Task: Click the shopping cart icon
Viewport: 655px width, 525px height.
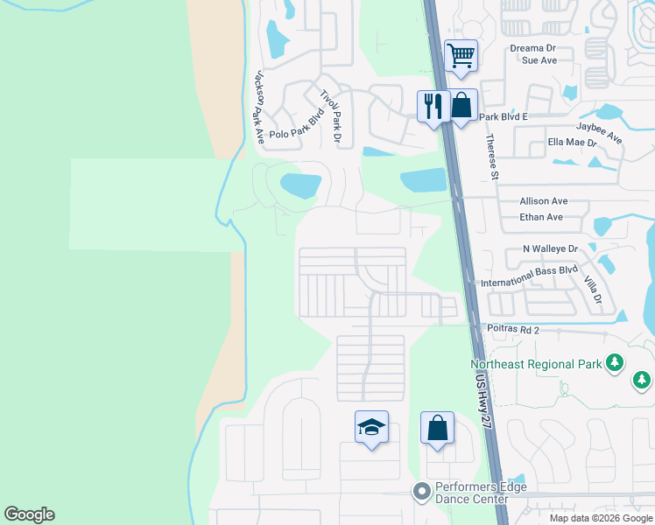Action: pos(461,56)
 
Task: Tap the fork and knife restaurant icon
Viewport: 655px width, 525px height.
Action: pos(433,107)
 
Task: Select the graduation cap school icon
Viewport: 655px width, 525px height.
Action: pos(371,428)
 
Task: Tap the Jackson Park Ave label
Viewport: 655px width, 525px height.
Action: pos(258,108)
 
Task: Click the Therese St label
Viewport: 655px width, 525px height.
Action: pos(493,157)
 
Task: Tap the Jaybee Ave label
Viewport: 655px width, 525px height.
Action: pos(599,132)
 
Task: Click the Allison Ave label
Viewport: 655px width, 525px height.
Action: pos(544,201)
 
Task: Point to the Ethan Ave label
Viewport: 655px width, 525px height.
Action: pos(541,217)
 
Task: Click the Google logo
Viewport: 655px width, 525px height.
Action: pos(30,514)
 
